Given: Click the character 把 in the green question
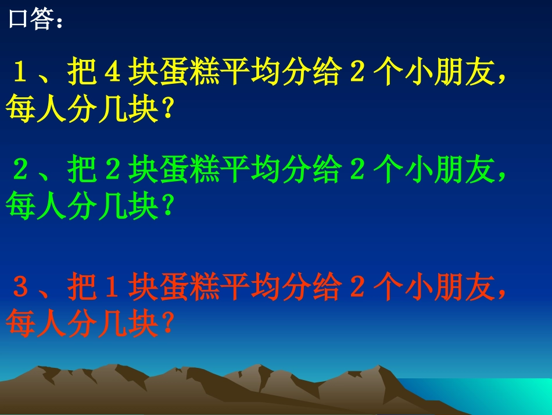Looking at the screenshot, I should (x=81, y=170).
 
